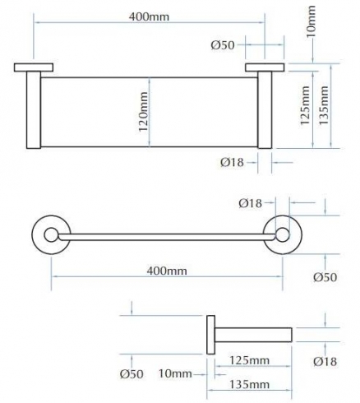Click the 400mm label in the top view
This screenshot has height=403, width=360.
150,17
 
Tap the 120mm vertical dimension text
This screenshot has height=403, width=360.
143,112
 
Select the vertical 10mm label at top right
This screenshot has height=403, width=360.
311,21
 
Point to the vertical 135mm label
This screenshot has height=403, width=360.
323,105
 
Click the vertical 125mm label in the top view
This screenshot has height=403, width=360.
305,105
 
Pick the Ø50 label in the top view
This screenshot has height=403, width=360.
223,45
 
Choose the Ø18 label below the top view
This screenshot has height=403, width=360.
232,162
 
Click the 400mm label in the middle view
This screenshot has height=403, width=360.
167,271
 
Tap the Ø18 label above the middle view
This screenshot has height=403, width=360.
251,203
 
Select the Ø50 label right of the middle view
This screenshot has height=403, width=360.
325,277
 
